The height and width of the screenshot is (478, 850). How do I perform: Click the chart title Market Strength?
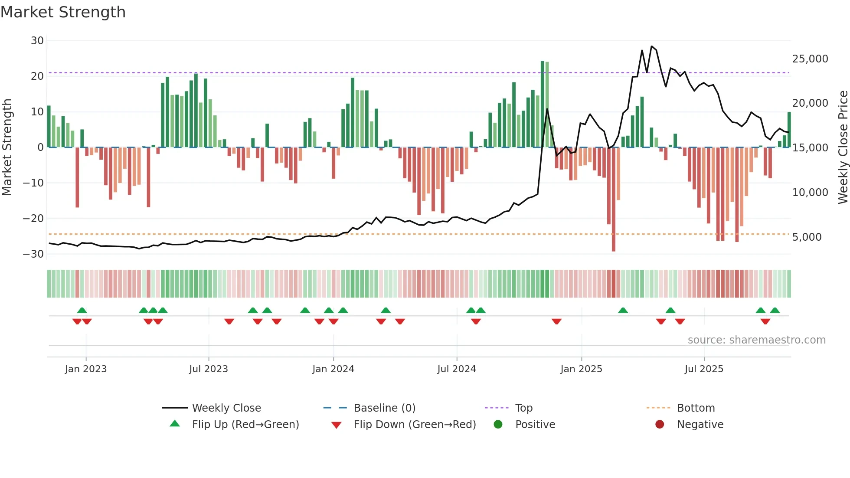coord(63,12)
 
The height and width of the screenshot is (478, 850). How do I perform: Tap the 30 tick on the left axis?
coord(37,41)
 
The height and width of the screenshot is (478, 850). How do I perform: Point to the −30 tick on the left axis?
coord(33,254)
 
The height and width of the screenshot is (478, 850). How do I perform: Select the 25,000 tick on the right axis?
coord(810,59)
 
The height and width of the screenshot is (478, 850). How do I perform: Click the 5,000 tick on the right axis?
coord(807,237)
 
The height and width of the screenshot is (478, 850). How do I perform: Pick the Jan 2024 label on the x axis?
coord(333,369)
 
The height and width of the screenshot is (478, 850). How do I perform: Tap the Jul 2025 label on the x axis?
coord(704,369)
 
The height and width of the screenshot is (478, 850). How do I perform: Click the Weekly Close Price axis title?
coord(843,147)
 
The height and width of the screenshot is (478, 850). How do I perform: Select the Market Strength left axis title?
coord(7,147)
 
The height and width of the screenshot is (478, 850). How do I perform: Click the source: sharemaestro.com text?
coord(756,340)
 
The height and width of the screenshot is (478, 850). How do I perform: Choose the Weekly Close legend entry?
coord(226,408)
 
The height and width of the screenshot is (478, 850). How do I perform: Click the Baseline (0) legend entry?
coord(384,408)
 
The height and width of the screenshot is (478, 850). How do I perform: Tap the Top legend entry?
coord(523,408)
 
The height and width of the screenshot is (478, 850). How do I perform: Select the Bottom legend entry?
coord(696,408)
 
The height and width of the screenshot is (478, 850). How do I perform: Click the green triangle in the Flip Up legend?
coord(175,424)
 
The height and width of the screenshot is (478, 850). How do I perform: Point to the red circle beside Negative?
coord(659,424)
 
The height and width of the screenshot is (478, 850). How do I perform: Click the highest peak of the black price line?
coord(651,46)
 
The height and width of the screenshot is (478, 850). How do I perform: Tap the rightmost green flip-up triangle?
coord(775,311)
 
